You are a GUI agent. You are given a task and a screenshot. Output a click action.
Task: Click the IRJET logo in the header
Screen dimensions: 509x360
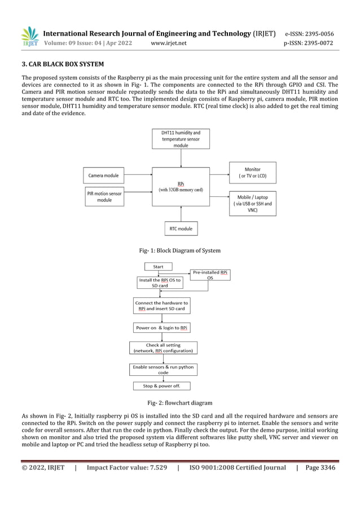pos(29,37)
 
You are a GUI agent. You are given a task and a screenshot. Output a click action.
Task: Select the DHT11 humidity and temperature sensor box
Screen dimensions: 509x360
pos(181,139)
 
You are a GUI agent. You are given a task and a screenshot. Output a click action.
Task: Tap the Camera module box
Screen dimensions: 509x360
pos(104,175)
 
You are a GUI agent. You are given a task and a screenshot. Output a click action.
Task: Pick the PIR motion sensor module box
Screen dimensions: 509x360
pos(104,197)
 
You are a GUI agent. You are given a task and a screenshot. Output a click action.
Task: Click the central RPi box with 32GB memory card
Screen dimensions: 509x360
pos(181,187)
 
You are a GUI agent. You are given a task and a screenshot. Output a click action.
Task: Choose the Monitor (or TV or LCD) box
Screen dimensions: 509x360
pos(252,172)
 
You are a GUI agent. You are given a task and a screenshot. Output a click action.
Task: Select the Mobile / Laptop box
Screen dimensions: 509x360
pos(252,203)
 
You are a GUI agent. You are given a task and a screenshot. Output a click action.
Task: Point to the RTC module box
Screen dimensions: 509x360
pos(181,229)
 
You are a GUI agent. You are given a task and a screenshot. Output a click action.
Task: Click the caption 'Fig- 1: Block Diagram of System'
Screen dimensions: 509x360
pos(179,251)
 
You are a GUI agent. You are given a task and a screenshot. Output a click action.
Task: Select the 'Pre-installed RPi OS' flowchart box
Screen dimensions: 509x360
pos(210,275)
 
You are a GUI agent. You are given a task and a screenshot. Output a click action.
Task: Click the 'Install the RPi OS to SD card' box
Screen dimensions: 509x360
pos(160,283)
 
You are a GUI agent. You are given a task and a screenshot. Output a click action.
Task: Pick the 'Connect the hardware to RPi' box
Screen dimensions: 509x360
pos(161,306)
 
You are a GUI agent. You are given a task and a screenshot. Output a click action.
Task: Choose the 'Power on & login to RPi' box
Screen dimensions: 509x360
pos(161,328)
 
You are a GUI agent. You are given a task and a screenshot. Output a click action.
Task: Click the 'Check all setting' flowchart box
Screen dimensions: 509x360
pos(163,348)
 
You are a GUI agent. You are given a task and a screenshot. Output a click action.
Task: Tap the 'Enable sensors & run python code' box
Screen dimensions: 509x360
pos(163,370)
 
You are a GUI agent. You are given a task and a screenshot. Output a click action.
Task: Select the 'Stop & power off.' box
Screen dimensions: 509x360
pos(161,387)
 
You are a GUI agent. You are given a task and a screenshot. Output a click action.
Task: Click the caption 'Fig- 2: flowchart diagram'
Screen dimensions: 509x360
pos(180,403)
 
